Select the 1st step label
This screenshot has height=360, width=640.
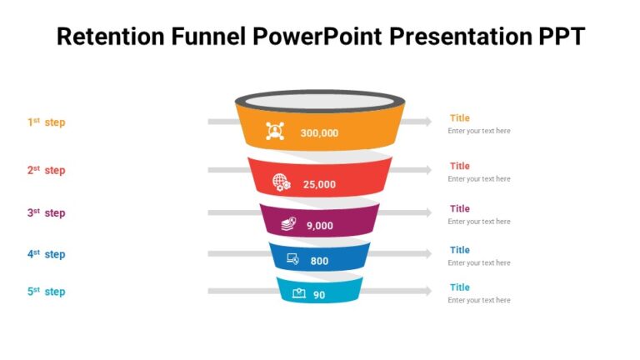pos(46,122)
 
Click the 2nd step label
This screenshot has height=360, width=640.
pos(46,170)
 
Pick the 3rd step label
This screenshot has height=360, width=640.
pos(46,212)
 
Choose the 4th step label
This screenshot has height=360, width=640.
pos(46,254)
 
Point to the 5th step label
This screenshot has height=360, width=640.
pos(46,292)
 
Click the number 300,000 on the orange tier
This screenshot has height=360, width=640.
pos(319,132)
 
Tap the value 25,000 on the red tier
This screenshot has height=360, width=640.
pos(319,184)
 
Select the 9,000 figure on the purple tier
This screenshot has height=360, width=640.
pos(319,225)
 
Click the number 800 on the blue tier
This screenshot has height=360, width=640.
pos(319,261)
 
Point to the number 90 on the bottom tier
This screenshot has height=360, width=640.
pos(319,295)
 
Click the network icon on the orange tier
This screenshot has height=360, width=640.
pos(275,131)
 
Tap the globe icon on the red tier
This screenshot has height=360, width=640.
pos(282,182)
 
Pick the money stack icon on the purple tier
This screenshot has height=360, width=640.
pos(287,223)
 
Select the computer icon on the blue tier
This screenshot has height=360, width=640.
pos(292,259)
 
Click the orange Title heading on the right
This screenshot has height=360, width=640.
pos(459,118)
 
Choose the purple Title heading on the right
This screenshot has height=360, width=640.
pos(459,208)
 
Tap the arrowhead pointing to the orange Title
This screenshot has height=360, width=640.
pos(427,122)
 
